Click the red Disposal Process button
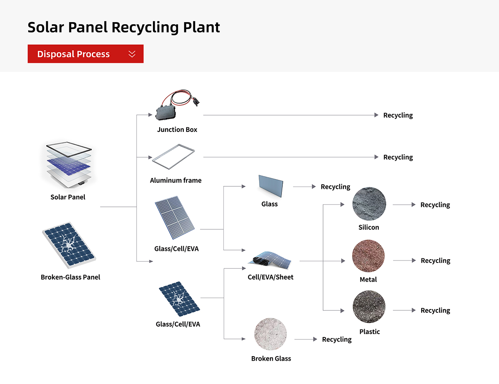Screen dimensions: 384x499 (85, 54)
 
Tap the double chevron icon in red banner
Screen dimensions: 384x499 (132, 54)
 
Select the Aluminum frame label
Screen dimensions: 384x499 (175, 180)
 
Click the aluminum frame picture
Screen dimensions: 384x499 (173, 157)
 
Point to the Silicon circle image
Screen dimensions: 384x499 (369, 204)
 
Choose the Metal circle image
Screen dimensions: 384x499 (368, 256)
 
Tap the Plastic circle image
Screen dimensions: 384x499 (369, 307)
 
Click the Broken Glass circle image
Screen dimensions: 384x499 (270, 334)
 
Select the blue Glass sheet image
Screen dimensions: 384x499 (270, 186)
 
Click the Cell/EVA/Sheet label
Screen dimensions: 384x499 (270, 277)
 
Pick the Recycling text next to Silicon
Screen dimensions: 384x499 (435, 205)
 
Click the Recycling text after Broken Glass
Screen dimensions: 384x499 (336, 339)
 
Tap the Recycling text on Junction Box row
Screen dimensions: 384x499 (398, 115)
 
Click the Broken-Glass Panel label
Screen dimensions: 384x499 (70, 277)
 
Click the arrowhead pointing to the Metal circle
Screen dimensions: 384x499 (343, 261)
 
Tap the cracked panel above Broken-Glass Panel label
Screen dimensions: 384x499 (68, 245)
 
